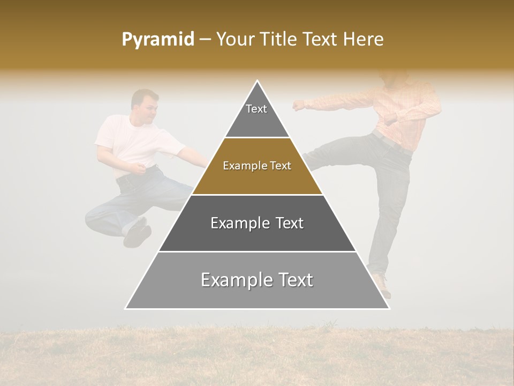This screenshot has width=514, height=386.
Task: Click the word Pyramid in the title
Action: coord(157,40)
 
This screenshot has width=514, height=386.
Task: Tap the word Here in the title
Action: coord(364,40)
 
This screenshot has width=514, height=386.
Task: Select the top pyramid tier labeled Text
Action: coord(257,115)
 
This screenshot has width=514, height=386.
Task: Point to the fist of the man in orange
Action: coord(298,105)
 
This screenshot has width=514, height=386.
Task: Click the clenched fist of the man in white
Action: coord(141,169)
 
